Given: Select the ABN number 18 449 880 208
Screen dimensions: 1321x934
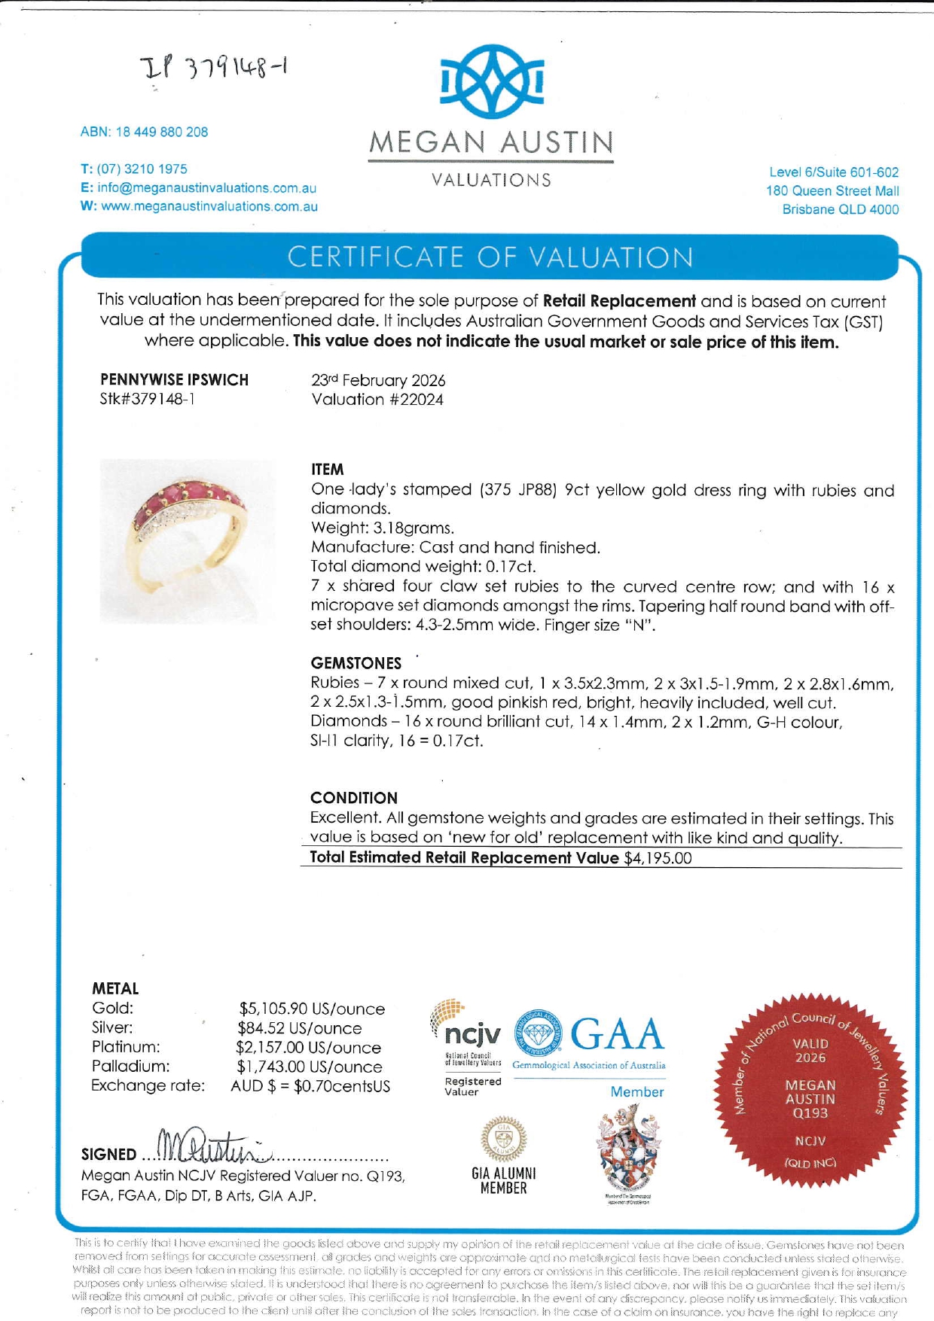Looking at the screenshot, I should (161, 132).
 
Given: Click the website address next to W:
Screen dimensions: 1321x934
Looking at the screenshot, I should (209, 206).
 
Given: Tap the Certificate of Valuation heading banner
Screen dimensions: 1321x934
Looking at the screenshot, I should (490, 257).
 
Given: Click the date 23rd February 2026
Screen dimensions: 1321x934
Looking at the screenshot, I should (378, 381).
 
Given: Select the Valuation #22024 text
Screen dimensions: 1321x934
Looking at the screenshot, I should (377, 400).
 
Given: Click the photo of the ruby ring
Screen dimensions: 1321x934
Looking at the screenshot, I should (188, 540).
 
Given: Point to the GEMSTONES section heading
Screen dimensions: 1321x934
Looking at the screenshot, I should (356, 663).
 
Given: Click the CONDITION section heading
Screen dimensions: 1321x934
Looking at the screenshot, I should (354, 798).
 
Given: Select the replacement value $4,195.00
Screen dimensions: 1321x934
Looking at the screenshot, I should (658, 858).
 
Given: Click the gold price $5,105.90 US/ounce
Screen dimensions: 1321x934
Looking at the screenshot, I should (312, 1009).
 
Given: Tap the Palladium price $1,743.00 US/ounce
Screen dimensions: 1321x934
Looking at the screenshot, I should (310, 1067).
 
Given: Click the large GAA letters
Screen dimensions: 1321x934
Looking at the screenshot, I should (618, 1033).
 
